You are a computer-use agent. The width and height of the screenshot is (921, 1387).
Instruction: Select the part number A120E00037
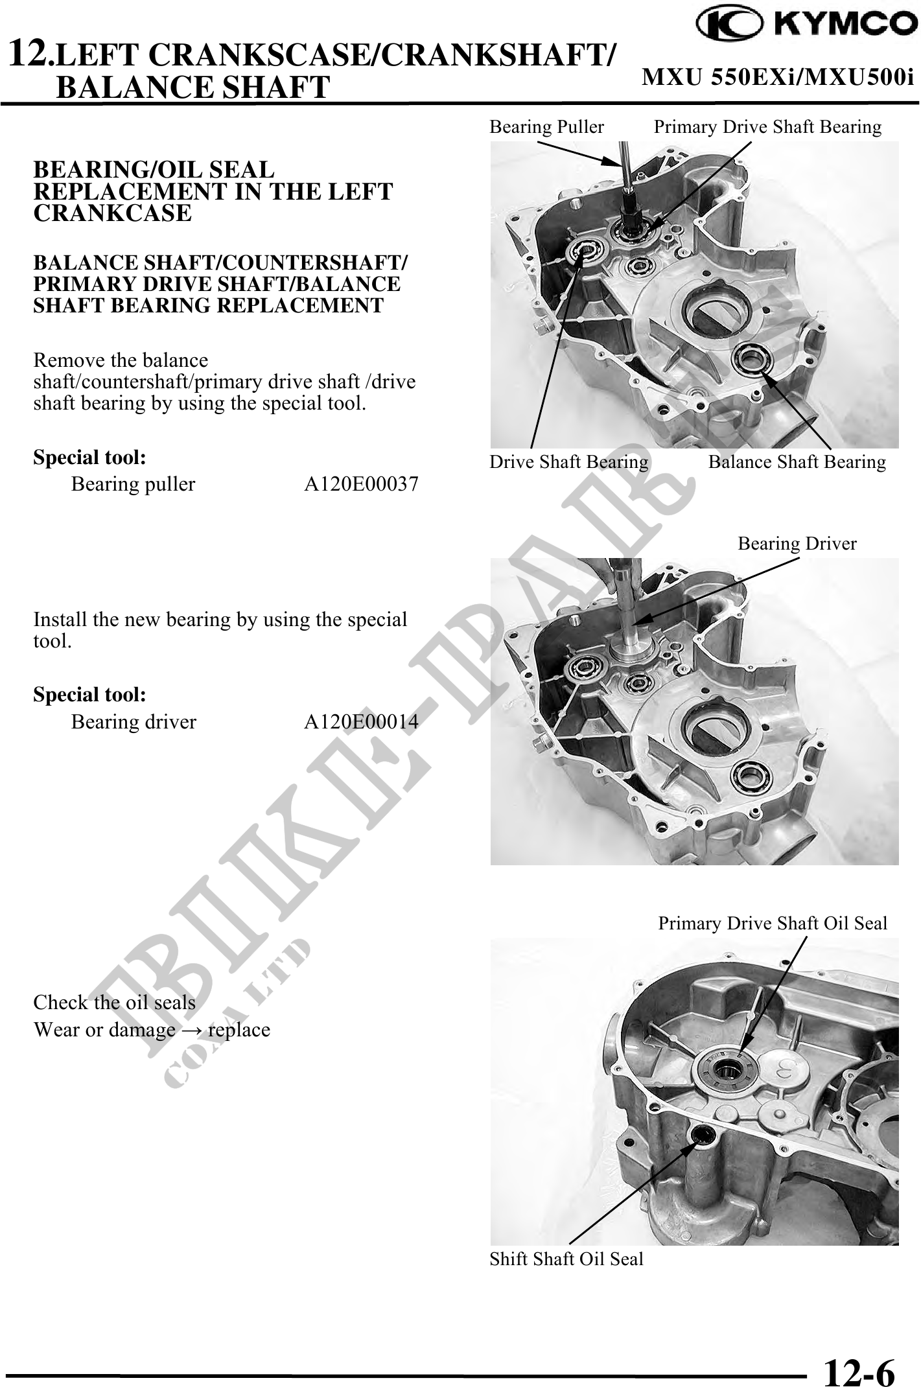tap(362, 484)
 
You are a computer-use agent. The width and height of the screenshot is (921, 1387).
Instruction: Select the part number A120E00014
tap(362, 721)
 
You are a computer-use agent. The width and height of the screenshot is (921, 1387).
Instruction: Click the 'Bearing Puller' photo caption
tap(546, 127)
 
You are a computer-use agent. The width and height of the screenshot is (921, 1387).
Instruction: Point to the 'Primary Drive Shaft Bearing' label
tap(767, 127)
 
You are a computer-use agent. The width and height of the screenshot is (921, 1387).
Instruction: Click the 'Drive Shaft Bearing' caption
tap(568, 462)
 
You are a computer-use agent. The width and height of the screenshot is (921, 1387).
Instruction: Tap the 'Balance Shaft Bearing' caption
tap(797, 462)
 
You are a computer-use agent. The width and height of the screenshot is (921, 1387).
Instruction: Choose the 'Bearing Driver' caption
tap(797, 544)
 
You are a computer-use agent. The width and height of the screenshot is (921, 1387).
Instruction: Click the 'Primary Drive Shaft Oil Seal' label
tap(773, 923)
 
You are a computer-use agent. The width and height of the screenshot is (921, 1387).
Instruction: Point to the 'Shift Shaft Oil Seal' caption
tap(566, 1259)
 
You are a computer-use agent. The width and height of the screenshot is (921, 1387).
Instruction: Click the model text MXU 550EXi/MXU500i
tap(778, 78)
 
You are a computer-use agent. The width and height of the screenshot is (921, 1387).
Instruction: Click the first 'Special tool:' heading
tap(89, 458)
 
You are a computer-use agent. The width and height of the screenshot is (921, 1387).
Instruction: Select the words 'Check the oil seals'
tap(114, 1003)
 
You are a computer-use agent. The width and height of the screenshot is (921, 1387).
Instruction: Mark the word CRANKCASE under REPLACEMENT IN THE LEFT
tap(112, 213)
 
